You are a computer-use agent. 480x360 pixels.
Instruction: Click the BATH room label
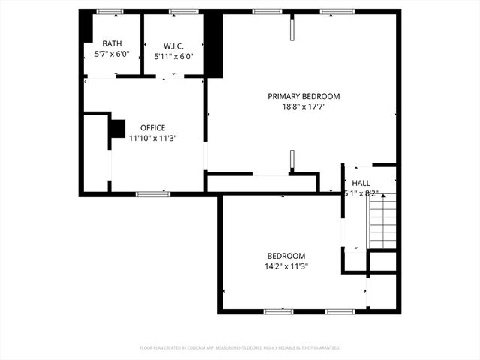tap(112, 44)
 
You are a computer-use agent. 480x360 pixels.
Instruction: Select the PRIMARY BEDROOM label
tap(304, 96)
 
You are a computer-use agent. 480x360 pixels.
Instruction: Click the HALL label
tap(361, 183)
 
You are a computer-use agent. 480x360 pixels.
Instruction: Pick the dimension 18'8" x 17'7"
tap(304, 106)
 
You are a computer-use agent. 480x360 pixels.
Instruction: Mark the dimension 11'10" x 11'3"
tap(152, 138)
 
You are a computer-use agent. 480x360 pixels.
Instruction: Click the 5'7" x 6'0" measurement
tap(112, 55)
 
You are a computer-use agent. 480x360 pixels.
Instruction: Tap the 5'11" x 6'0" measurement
tap(174, 55)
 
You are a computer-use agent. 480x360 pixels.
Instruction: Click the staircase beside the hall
tap(383, 220)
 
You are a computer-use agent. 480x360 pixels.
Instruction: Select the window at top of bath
tap(109, 12)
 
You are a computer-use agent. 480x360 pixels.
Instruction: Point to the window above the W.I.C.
tap(183, 12)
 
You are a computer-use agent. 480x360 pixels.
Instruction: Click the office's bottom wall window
tap(153, 194)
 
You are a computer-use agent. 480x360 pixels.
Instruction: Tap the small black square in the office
tap(118, 128)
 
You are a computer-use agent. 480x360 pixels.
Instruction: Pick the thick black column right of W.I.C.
tap(214, 45)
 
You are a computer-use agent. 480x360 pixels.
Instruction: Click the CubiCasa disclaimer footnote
tap(240, 348)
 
